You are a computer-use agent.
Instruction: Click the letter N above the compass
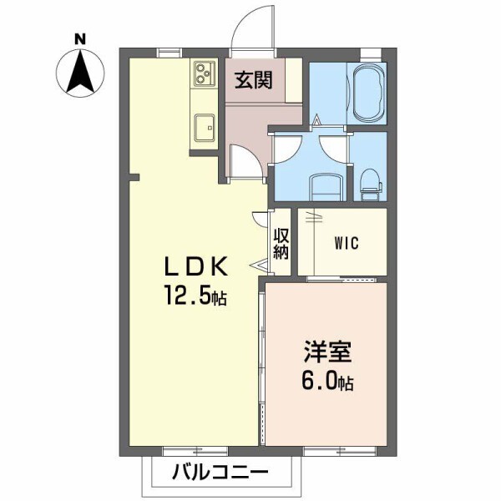pyautogui.click(x=80, y=38)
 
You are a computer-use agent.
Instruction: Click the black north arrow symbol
pyautogui.click(x=80, y=72)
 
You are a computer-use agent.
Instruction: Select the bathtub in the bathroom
pyautogui.click(x=368, y=94)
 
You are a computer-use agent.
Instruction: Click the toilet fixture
pyautogui.click(x=370, y=182)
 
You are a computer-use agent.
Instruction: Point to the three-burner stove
pyautogui.click(x=204, y=74)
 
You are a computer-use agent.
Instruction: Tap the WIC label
pyautogui.click(x=346, y=244)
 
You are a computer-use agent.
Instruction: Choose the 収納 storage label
pyautogui.click(x=281, y=241)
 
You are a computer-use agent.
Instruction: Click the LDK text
pyautogui.click(x=195, y=267)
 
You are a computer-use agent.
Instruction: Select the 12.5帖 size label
pyautogui.click(x=195, y=296)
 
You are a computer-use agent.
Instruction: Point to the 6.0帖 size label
pyautogui.click(x=326, y=382)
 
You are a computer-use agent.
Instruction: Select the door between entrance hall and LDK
pyautogui.click(x=245, y=161)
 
